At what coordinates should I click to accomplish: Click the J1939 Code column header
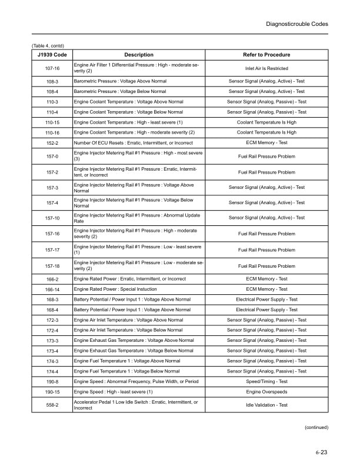click(x=52, y=55)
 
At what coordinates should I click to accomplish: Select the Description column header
click(x=139, y=55)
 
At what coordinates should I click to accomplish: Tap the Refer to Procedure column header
click(x=266, y=55)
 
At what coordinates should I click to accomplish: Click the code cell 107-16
click(x=52, y=68)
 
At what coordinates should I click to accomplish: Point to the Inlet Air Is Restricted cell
click(x=266, y=68)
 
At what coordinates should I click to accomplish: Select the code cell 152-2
click(x=52, y=143)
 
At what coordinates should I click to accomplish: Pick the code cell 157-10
click(x=52, y=218)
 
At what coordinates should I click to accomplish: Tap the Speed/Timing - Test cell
click(x=266, y=381)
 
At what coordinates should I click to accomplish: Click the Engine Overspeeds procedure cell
click(x=266, y=392)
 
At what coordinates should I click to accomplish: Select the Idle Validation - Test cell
click(x=266, y=405)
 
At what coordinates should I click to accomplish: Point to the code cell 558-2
click(x=52, y=405)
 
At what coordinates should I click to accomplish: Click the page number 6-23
click(x=321, y=452)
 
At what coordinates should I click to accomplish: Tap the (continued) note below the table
click(x=316, y=428)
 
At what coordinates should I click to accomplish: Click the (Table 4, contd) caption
click(x=48, y=45)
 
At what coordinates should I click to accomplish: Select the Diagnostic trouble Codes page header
click(x=297, y=24)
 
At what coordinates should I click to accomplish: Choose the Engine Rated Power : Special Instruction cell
click(x=115, y=289)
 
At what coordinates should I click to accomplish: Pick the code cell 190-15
click(x=52, y=392)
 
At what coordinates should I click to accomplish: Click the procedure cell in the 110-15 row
click(x=266, y=122)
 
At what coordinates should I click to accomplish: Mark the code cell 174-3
click(x=52, y=361)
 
